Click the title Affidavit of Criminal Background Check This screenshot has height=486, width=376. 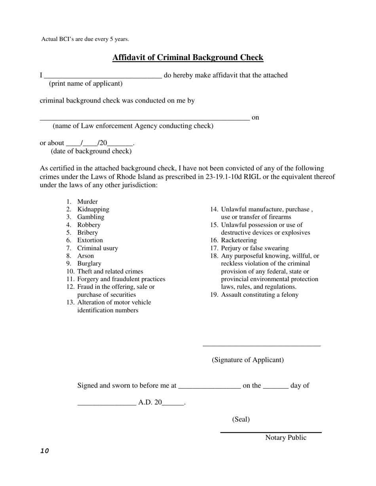point(188,58)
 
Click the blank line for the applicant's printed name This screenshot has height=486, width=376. point(103,76)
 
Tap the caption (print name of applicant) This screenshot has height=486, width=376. point(85,84)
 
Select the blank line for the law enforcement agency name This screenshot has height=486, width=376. point(144,118)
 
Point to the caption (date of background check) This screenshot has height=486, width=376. point(91,151)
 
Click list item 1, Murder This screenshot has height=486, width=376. point(87,202)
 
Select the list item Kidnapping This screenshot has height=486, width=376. point(93,209)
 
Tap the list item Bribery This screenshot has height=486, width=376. point(87,233)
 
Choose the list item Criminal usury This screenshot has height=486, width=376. point(97,248)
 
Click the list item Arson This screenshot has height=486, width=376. point(85,256)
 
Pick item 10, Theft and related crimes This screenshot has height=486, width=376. point(110,271)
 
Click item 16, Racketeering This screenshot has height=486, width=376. point(239,240)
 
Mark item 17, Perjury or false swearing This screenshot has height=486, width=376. point(254,248)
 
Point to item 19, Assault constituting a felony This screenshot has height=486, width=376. point(260,295)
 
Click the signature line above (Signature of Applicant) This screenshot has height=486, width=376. point(261,346)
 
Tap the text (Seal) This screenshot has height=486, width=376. point(241,420)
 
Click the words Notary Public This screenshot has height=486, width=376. point(285,438)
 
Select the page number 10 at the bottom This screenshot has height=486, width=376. point(44,451)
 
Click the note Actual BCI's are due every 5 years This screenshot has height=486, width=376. point(85,40)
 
